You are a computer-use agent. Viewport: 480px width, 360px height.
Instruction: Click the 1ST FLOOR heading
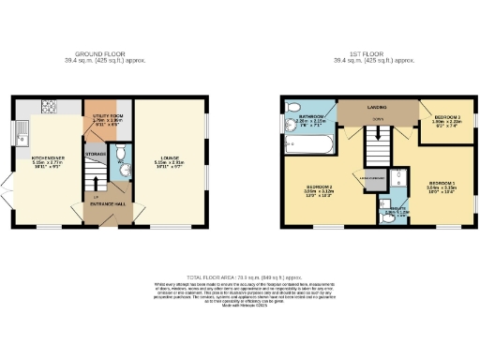[374, 54]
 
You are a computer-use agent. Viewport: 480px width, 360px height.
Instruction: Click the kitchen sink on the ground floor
[20, 128]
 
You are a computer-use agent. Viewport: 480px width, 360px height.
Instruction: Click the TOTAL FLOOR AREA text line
[239, 278]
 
